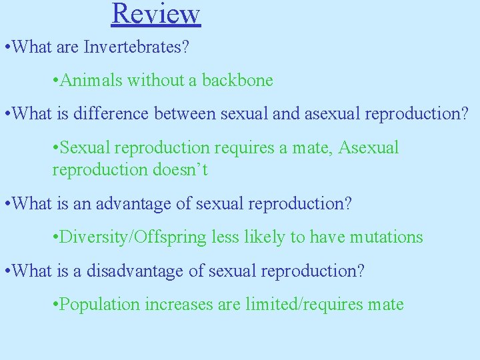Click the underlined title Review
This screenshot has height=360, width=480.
click(156, 13)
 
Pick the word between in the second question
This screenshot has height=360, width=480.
click(186, 114)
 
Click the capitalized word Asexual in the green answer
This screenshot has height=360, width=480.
click(369, 147)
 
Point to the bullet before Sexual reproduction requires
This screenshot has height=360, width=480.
click(55, 148)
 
